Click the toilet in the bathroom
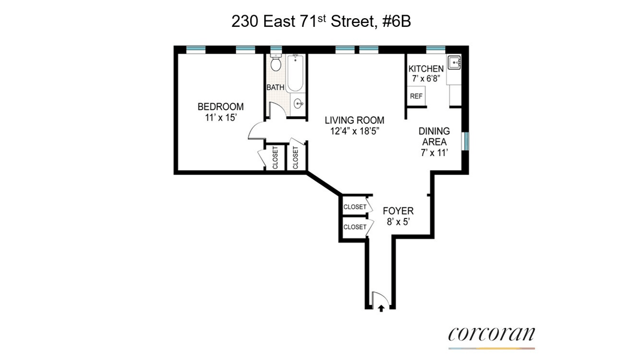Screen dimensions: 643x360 pos(276,63)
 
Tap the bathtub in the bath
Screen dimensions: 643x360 pos(295,73)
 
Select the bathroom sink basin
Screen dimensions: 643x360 pos(298,103)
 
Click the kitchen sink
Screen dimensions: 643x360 pos(454,62)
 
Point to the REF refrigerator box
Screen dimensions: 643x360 pos(416,96)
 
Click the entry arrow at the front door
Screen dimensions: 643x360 pos(381,309)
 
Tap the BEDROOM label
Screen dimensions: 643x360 pos(220,107)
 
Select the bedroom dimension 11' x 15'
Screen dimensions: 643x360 pos(220,117)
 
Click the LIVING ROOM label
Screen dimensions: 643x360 pos(355,120)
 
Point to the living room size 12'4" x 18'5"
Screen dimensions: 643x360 pos(355,131)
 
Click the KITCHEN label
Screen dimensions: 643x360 pos(426,69)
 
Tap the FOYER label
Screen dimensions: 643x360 pos(398,211)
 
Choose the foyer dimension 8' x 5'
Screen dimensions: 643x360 pos(398,222)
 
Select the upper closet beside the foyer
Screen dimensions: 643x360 pos(355,206)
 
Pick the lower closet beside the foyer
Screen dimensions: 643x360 pos(355,227)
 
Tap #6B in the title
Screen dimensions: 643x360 pos(397,21)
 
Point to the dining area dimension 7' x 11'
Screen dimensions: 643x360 pos(435,153)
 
